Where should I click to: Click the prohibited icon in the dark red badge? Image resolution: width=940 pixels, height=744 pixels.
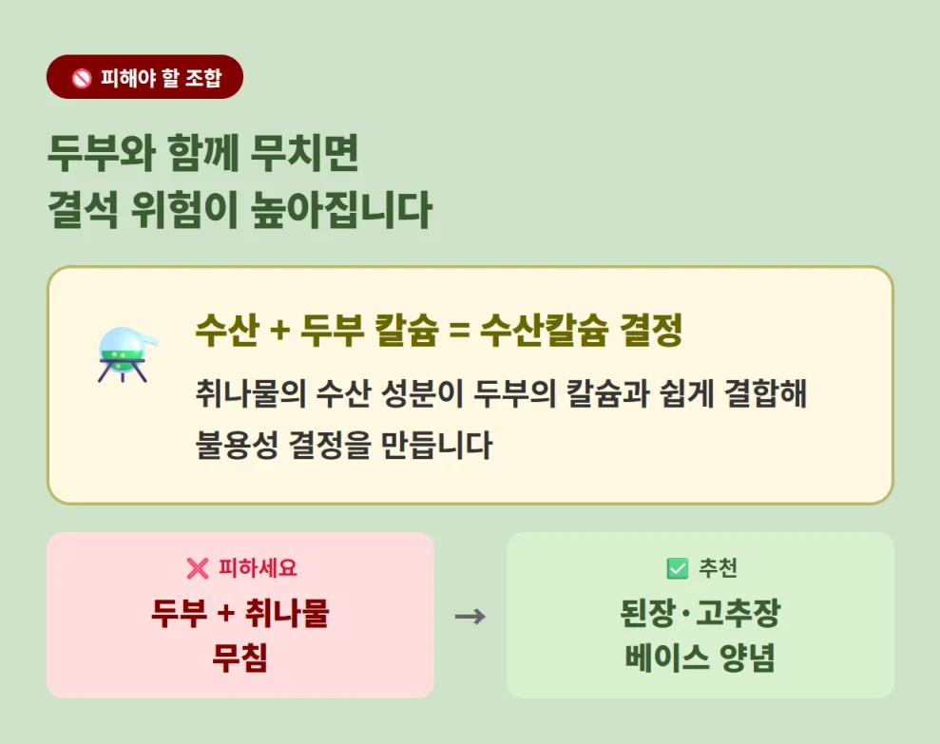coord(82,78)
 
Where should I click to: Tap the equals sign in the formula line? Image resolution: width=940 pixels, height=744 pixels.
coord(459,332)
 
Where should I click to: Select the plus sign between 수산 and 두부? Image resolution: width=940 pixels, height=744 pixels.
coord(279,332)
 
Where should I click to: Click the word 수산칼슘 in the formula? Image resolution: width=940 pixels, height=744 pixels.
coord(543,332)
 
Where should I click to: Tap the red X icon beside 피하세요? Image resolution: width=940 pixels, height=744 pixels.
coord(197,568)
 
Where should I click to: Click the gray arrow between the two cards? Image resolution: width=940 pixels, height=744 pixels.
coord(470,617)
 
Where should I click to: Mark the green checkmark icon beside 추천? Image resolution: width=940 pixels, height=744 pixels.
coord(678,568)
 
